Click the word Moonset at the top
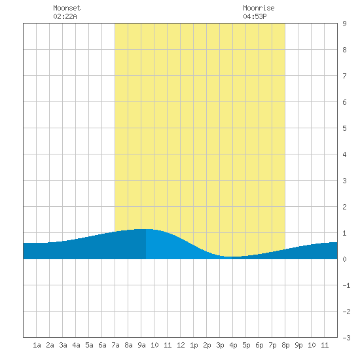(67, 8)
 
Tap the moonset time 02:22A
(65, 16)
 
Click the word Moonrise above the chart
(259, 8)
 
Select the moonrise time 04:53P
(255, 16)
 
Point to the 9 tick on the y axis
(344, 24)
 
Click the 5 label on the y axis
(344, 128)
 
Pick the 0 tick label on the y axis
(344, 259)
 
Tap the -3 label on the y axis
(346, 338)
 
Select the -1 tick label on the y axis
(346, 285)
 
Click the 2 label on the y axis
(344, 207)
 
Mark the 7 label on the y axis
(344, 76)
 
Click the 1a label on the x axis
(37, 345)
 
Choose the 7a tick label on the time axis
(115, 345)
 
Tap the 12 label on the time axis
(181, 345)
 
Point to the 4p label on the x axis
(233, 345)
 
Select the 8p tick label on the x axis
(285, 345)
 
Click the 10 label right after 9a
(154, 345)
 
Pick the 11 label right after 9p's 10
(325, 345)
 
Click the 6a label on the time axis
(102, 345)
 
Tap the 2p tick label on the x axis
(207, 345)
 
